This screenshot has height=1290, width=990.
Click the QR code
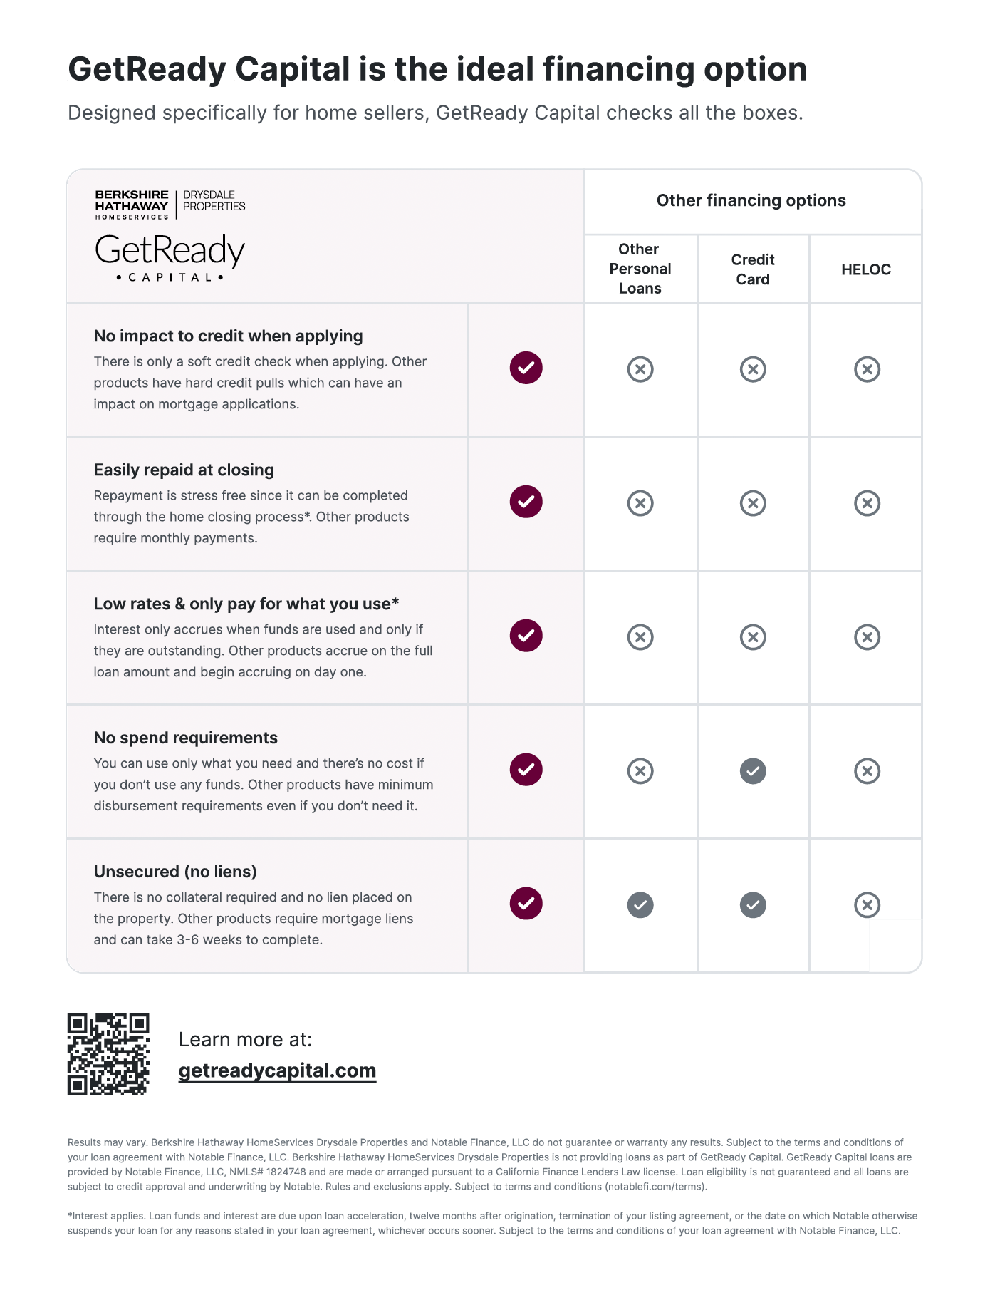click(108, 1054)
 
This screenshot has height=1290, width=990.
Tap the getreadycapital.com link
click(277, 1070)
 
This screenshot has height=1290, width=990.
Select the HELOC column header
click(866, 269)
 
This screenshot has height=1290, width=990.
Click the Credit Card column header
click(753, 269)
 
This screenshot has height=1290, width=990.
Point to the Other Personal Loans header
click(640, 269)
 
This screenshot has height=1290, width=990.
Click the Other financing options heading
click(751, 200)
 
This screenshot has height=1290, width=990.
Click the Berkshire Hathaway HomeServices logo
click(132, 205)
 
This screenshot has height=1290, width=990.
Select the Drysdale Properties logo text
click(214, 200)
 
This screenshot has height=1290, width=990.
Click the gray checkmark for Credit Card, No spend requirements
click(753, 771)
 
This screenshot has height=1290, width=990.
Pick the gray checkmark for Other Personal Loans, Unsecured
click(640, 905)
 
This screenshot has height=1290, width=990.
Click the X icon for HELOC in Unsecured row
click(867, 905)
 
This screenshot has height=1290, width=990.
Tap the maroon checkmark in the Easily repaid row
click(526, 502)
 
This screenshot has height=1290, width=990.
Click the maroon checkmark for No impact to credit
click(526, 368)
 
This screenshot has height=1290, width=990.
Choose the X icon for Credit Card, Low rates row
click(753, 637)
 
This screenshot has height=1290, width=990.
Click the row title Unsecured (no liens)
click(175, 872)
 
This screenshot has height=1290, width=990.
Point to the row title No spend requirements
click(186, 738)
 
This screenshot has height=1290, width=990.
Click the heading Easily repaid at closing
click(184, 470)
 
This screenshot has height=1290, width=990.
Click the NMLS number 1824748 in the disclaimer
click(286, 1172)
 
